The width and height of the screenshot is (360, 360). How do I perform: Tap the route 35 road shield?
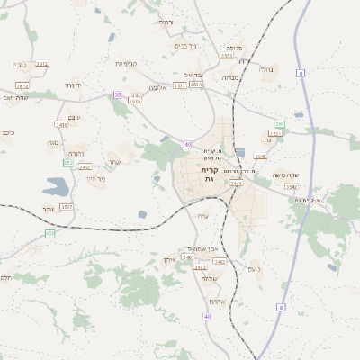(x=117, y=94)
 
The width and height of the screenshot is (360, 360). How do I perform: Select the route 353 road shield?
(x=50, y=234)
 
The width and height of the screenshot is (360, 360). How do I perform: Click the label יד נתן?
(x=75, y=85)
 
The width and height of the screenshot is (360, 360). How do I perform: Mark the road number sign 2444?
(x=237, y=184)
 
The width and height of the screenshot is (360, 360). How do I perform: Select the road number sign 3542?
(x=292, y=186)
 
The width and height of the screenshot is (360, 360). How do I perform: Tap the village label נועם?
(x=254, y=268)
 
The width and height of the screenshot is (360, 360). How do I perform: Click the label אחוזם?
(x=215, y=301)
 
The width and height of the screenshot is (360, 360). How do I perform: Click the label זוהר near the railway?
(x=49, y=208)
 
